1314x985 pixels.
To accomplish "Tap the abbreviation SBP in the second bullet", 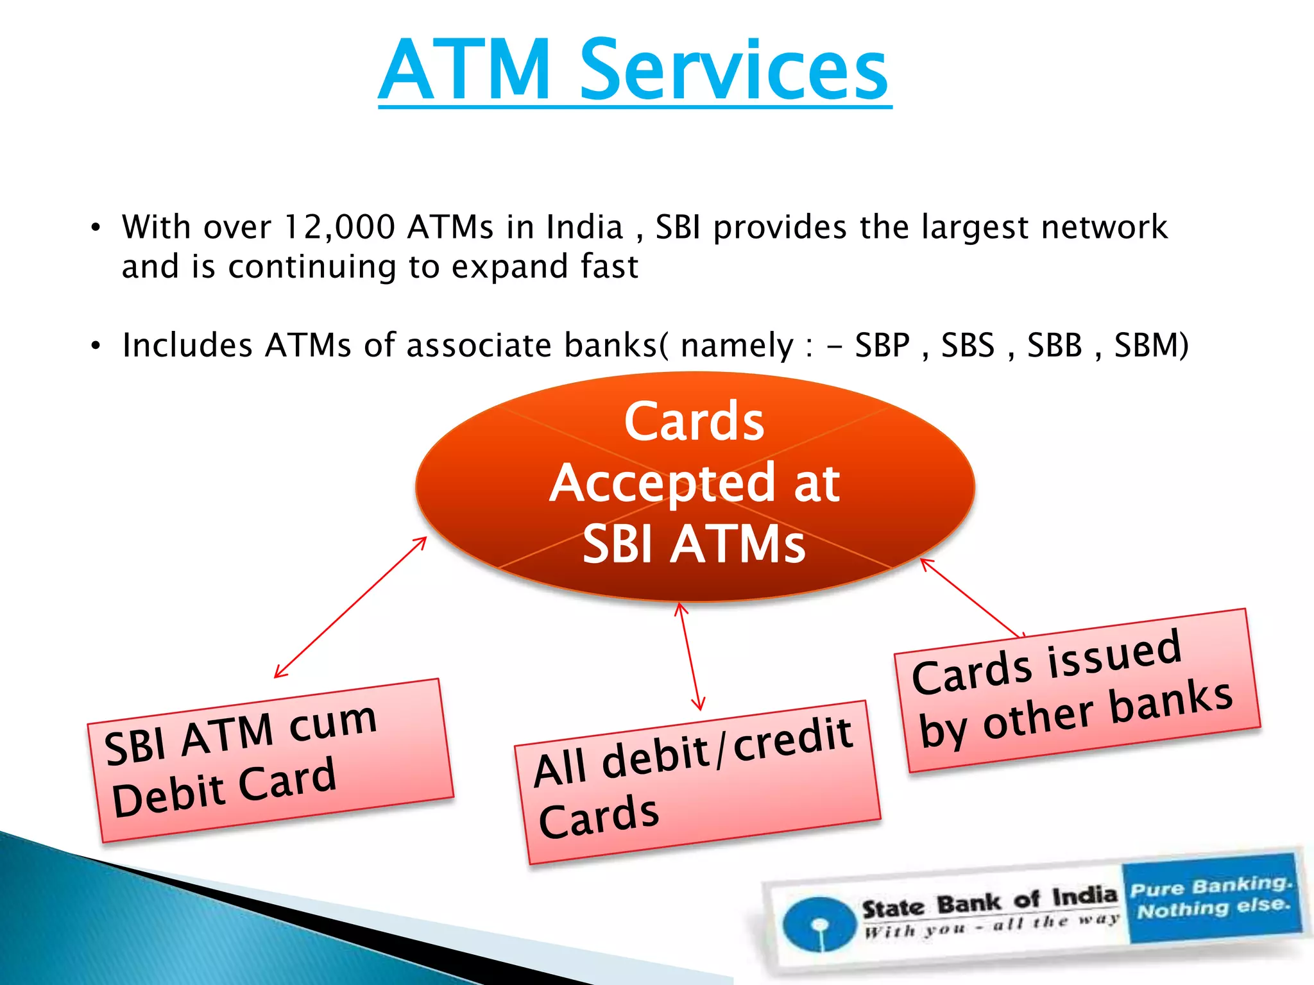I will pyautogui.click(x=882, y=346).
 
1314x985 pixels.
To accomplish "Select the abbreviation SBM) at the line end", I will pyautogui.click(x=1151, y=346).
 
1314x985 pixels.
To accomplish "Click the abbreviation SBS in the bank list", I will pyautogui.click(x=968, y=346).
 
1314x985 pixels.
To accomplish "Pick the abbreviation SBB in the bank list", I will pyautogui.click(x=1054, y=346).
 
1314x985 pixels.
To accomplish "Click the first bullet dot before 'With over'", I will pyautogui.click(x=96, y=228).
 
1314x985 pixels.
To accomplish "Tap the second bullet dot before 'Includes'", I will pyautogui.click(x=96, y=346).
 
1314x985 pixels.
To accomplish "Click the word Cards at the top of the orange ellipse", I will pyautogui.click(x=694, y=421).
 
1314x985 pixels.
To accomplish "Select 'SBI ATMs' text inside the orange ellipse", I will pyautogui.click(x=694, y=544).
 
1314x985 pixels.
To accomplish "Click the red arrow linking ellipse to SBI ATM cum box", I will pyautogui.click(x=350, y=607).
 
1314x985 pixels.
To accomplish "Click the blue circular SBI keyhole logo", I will pyautogui.click(x=819, y=924).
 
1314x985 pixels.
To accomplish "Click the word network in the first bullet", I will pyautogui.click(x=1104, y=227).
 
